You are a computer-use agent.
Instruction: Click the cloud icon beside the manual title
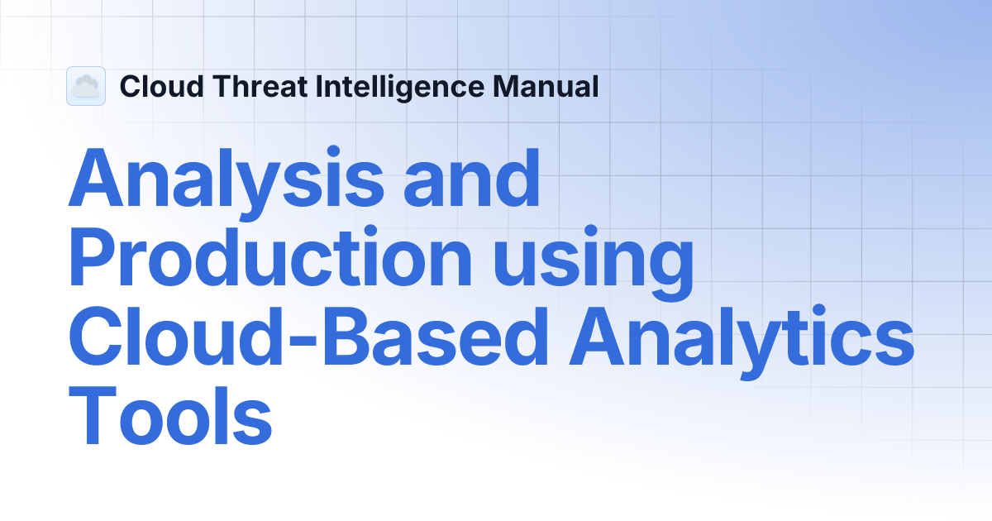pos(86,86)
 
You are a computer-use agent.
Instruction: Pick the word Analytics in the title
pos(740,341)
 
